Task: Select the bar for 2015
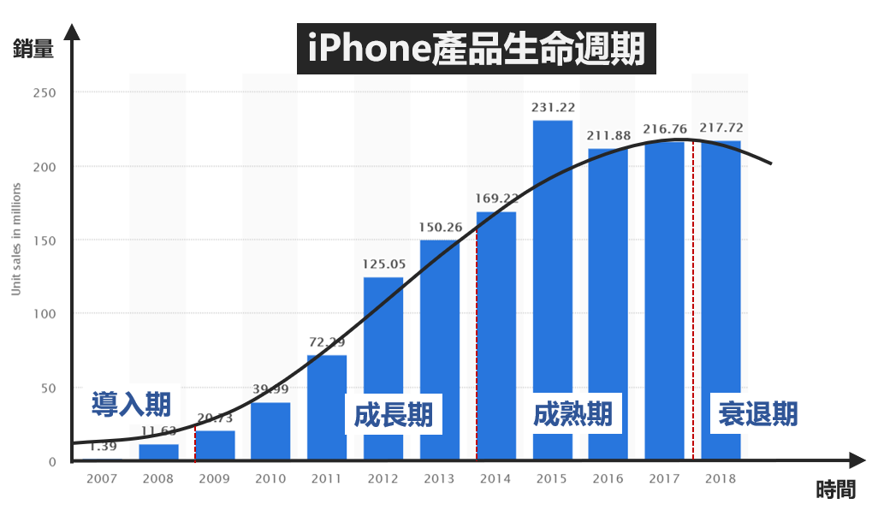pyautogui.click(x=552, y=291)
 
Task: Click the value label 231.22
pyautogui.click(x=552, y=107)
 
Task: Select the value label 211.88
pyautogui.click(x=608, y=135)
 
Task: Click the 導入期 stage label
pyautogui.click(x=131, y=403)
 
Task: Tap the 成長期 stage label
pyautogui.click(x=394, y=415)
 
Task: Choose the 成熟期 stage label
pyautogui.click(x=572, y=414)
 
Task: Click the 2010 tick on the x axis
pyautogui.click(x=270, y=478)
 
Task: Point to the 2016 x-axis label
pyautogui.click(x=608, y=478)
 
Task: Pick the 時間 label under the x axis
pyautogui.click(x=834, y=489)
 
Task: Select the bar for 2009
pyautogui.click(x=215, y=445)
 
